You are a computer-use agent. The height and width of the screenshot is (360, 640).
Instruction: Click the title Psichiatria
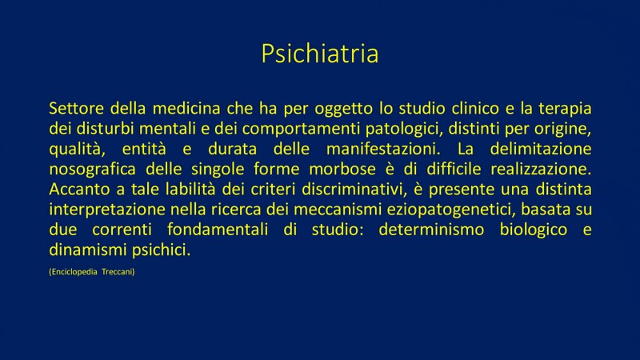(320, 54)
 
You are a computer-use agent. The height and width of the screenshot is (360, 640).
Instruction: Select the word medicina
(186, 109)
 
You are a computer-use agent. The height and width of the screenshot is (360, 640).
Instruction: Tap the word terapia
(565, 109)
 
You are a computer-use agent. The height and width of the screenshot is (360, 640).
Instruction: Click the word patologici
(404, 130)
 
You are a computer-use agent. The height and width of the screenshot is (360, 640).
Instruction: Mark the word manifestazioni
(383, 149)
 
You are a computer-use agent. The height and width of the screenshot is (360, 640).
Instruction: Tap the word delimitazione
(541, 149)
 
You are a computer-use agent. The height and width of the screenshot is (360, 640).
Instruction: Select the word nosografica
(92, 170)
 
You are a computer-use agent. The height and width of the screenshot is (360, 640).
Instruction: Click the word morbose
(342, 169)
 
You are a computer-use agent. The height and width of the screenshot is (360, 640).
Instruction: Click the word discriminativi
(352, 190)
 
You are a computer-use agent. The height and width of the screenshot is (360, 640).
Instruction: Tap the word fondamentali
(218, 230)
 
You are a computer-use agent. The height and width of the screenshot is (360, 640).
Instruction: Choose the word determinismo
(431, 230)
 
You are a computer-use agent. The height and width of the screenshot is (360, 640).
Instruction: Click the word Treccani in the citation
(118, 272)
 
